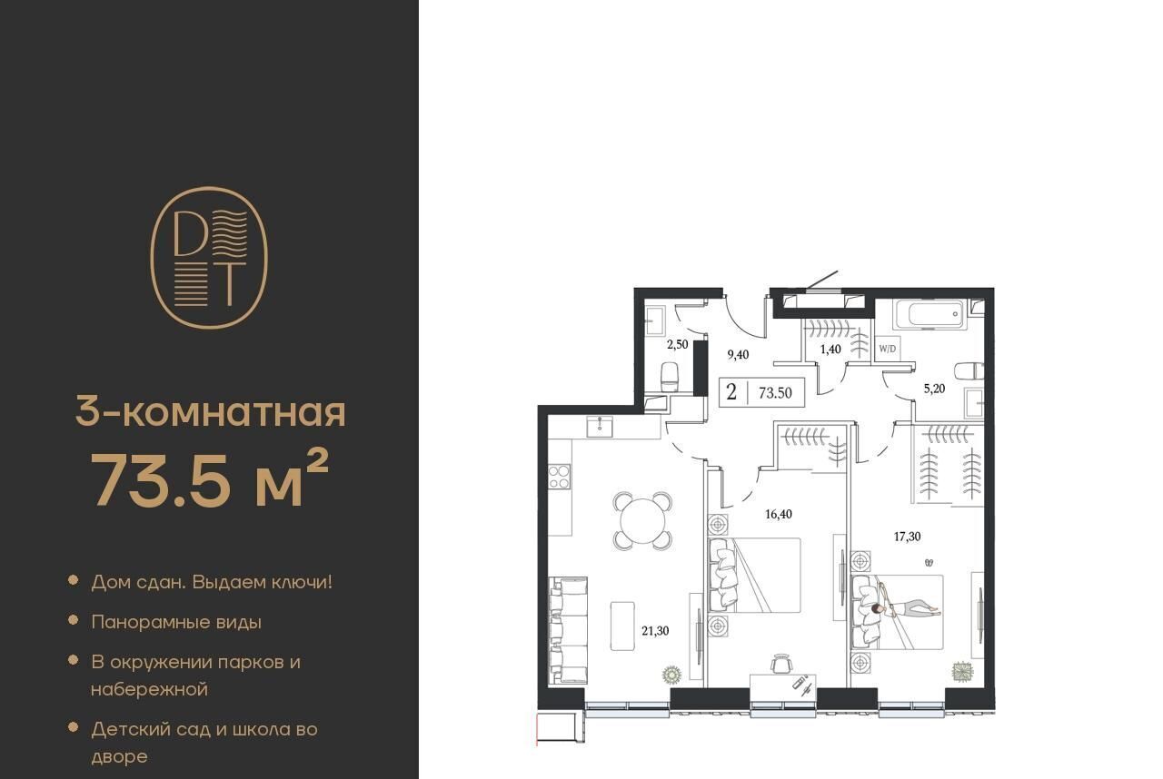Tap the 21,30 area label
655,631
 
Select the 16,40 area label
779,514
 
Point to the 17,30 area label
907,537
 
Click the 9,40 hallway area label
738,355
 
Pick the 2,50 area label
678,344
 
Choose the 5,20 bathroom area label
935,389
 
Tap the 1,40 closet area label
830,349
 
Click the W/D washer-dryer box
888,349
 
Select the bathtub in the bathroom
930,314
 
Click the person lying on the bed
906,607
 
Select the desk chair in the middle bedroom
782,664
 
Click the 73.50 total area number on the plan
775,393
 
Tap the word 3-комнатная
210,412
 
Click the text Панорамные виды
176,622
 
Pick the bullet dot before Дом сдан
74,580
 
